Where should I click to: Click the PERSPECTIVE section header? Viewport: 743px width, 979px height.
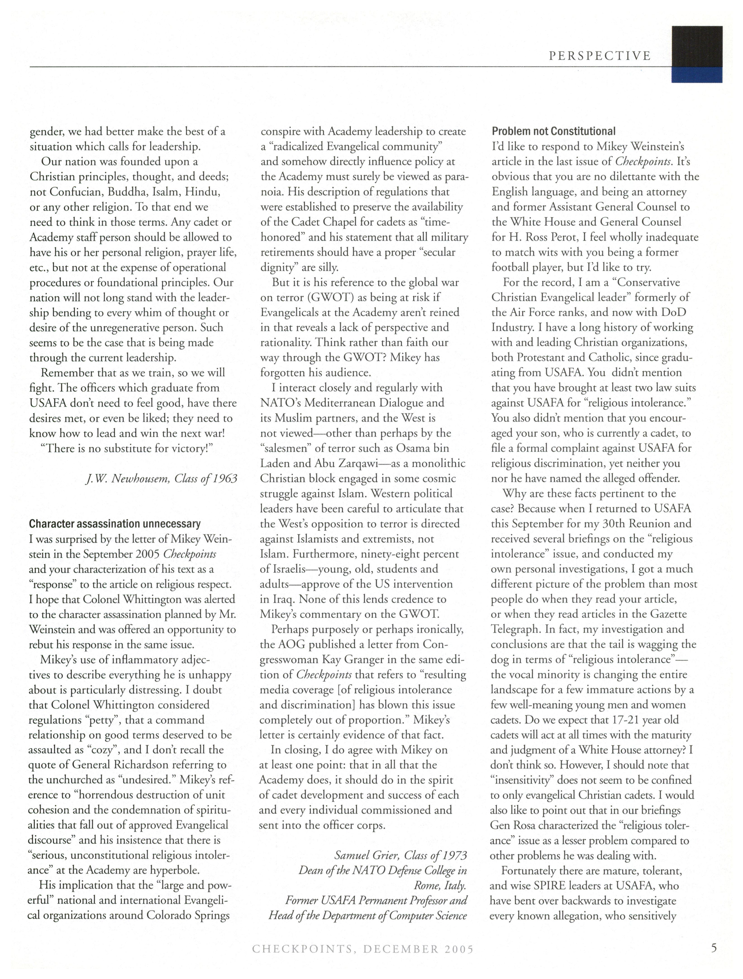tap(600, 56)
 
